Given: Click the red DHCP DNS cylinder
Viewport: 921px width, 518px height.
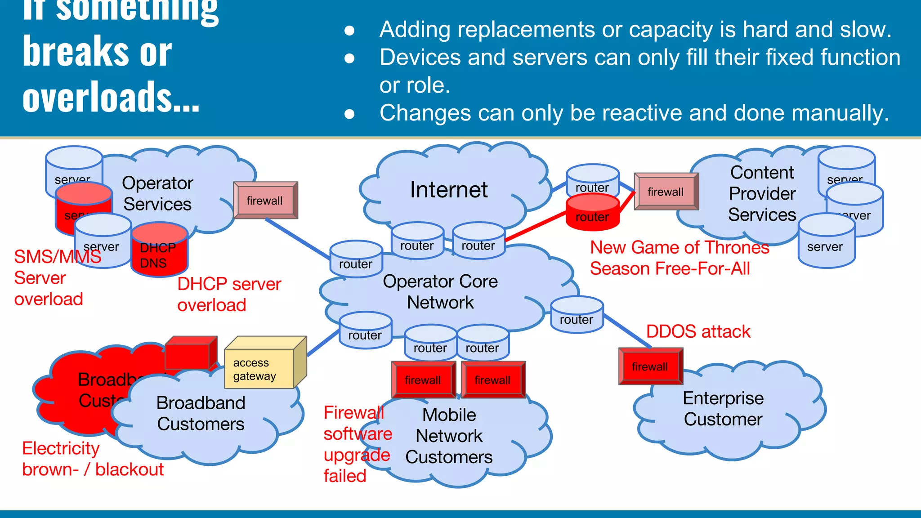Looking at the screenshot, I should (159, 252).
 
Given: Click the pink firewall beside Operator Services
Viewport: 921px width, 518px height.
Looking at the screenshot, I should (265, 201).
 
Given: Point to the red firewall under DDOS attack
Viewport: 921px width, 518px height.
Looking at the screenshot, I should (650, 366).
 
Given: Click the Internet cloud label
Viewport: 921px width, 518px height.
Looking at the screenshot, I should (449, 190).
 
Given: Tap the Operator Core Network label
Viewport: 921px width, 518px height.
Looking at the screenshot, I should (440, 292).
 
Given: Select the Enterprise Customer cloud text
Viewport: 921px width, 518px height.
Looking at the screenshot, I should (723, 408).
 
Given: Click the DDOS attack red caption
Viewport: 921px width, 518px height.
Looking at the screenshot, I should (698, 332).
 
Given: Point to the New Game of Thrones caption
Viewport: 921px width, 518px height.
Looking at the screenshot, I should (679, 258).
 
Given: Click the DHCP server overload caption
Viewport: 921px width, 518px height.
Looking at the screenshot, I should (228, 295).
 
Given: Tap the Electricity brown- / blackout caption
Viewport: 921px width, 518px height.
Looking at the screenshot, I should (92, 459).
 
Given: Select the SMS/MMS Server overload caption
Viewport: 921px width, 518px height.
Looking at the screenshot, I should (49, 278).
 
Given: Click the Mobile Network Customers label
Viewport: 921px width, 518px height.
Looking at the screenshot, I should (449, 436).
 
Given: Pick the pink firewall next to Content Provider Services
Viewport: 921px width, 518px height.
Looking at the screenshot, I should (666, 192).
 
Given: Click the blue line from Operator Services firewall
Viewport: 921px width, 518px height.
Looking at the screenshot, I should (297, 238).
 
